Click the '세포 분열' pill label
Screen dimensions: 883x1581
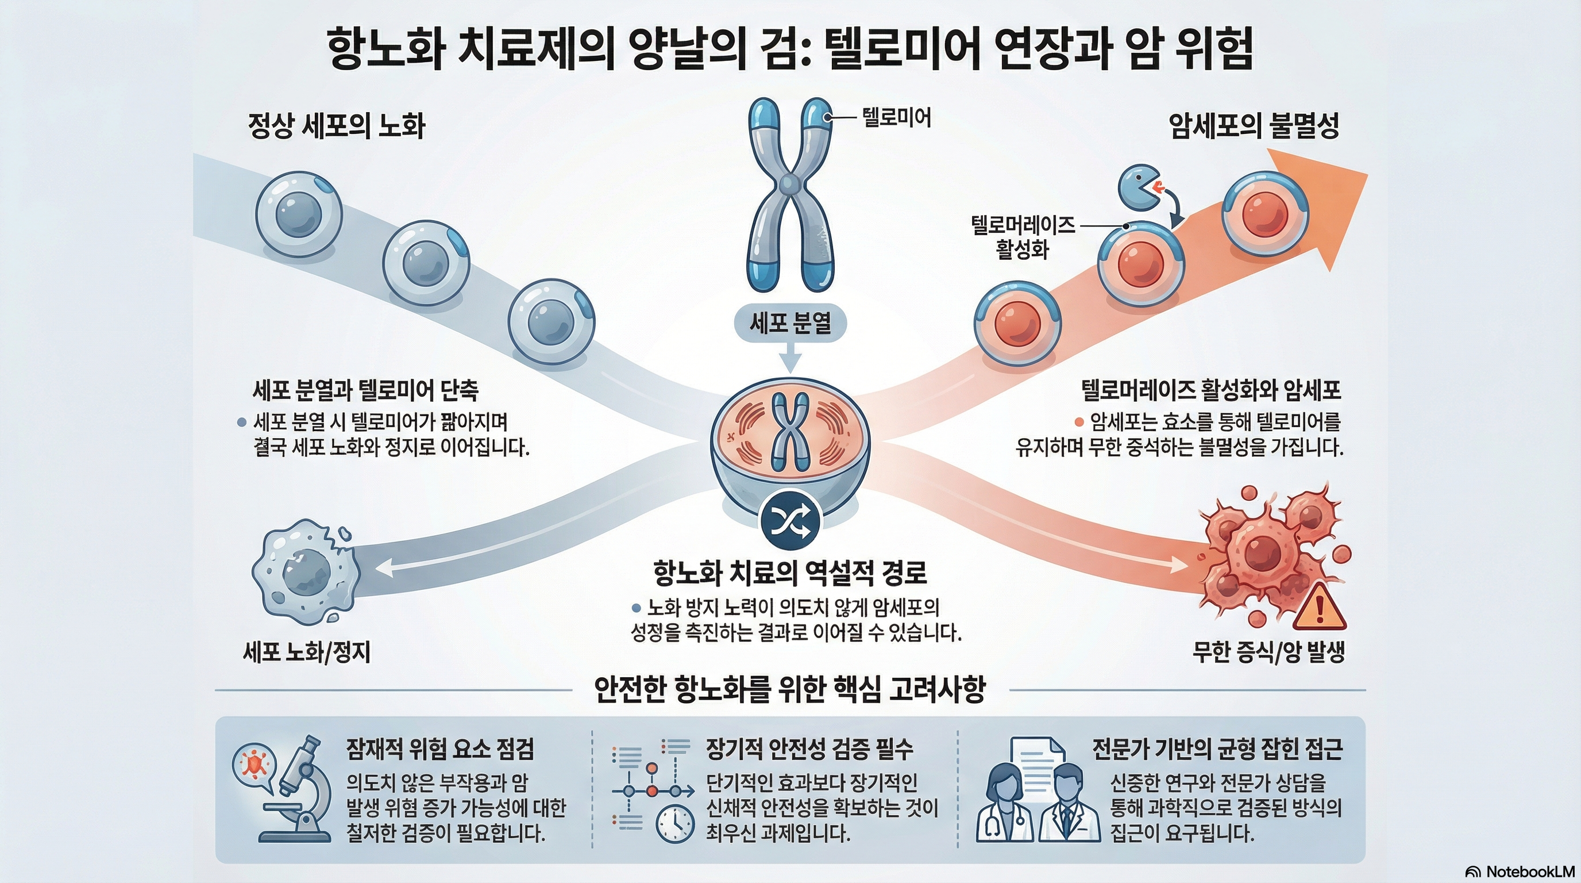[x=790, y=323]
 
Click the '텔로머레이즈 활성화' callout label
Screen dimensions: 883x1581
[x=1023, y=237]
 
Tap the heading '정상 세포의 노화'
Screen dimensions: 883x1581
[x=336, y=127]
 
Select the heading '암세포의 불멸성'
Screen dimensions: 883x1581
[x=1254, y=127]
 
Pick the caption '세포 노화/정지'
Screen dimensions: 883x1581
[x=307, y=652]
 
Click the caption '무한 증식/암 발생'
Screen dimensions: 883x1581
[x=1268, y=652]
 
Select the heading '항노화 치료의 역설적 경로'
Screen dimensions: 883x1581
[x=790, y=573]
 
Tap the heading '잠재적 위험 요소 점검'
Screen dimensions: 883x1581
[x=439, y=748]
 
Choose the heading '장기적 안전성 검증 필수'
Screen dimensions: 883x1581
[x=809, y=748]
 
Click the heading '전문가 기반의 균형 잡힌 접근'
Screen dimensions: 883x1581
[x=1217, y=748]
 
